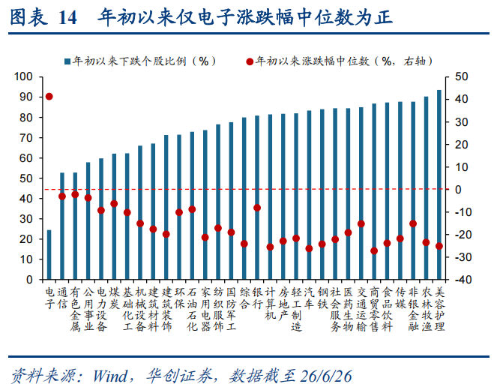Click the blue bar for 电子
49,254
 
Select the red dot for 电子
49,97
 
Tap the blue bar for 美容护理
439,184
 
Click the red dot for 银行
257,208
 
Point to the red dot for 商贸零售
374,250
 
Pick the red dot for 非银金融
413,223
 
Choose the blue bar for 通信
62,226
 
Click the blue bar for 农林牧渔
426,187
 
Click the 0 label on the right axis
458,190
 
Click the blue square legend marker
67,61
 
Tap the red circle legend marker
250,61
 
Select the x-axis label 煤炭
114,298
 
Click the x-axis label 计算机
270,304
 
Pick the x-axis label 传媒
400,298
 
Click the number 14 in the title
67,18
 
